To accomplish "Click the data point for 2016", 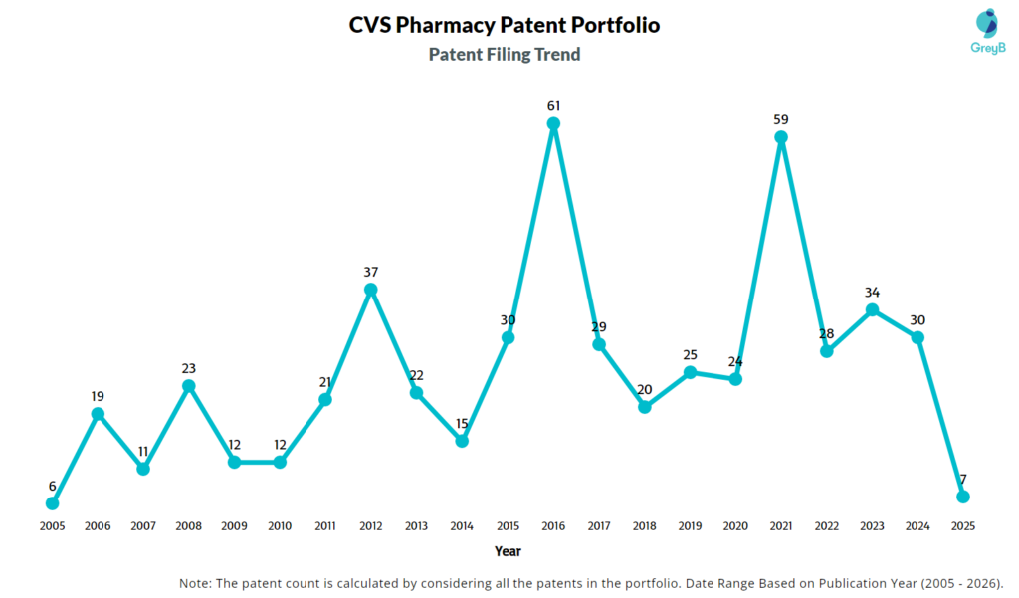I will click(553, 124).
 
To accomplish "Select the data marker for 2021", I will click(781, 138).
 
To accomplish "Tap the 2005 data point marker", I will click(52, 503).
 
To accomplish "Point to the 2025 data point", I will click(963, 497).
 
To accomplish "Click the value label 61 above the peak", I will click(553, 105).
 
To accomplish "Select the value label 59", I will click(781, 119).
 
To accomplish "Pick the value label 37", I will click(371, 272).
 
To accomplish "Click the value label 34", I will click(872, 293).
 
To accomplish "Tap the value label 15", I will click(462, 423).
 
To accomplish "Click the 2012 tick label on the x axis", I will click(371, 525).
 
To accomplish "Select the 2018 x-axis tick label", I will click(644, 525).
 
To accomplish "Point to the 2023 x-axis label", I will click(872, 525).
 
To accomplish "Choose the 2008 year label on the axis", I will click(188, 525).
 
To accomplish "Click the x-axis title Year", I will click(507, 550).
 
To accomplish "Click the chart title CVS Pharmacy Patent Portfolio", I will click(504, 24).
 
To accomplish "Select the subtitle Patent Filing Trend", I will click(505, 54).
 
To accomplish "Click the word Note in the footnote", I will click(196, 583).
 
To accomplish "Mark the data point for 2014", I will click(462, 441).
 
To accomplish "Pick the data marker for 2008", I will click(188, 386).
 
